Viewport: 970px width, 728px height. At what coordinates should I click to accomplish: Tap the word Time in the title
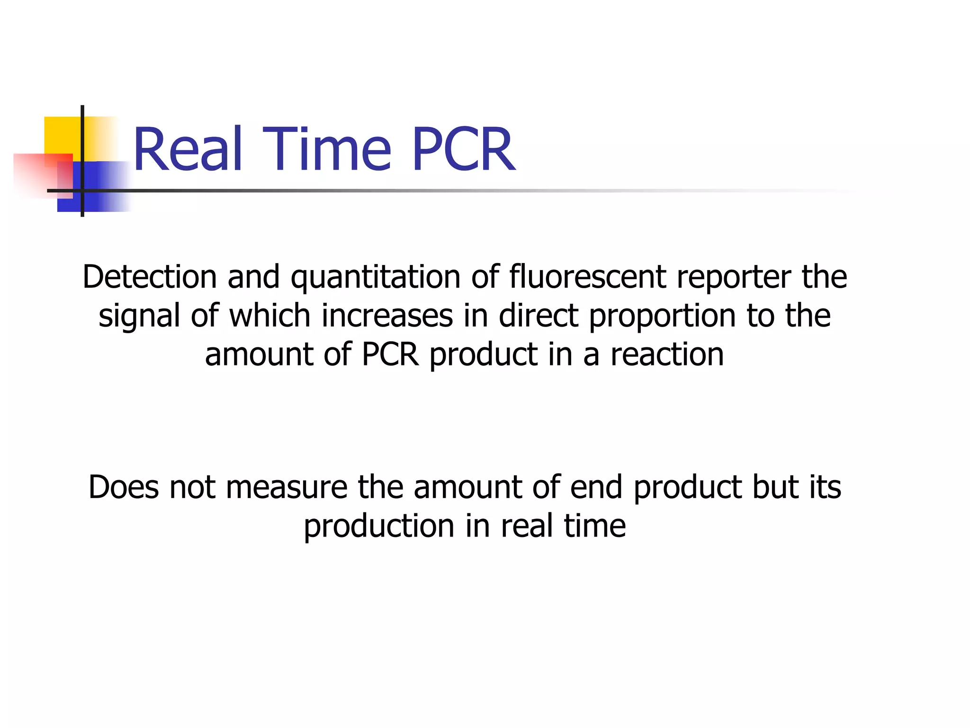coord(327,149)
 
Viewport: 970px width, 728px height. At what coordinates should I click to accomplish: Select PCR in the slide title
coord(463,149)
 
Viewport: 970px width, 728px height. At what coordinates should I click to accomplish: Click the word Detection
coord(150,277)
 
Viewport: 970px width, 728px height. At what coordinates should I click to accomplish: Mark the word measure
coord(287,488)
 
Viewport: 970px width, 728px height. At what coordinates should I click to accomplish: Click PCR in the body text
coord(390,355)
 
